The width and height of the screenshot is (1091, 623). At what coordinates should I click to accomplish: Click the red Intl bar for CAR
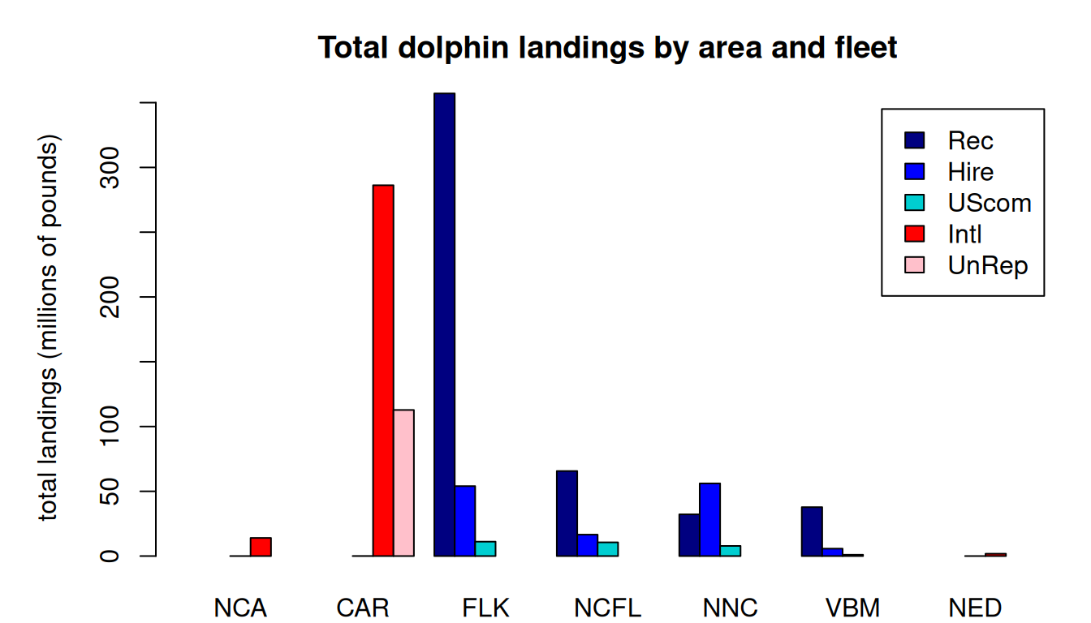(383, 370)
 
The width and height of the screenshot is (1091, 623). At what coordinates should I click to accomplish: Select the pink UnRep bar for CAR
(404, 483)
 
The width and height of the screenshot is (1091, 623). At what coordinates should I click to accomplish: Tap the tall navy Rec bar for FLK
(444, 324)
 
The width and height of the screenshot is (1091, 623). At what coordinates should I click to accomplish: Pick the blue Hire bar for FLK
(465, 521)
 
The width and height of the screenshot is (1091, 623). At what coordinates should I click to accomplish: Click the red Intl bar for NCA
(261, 547)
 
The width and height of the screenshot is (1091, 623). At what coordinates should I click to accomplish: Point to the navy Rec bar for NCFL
(567, 513)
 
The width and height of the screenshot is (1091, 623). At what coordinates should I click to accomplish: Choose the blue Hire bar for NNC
(710, 519)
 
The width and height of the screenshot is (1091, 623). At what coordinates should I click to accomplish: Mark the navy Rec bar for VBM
(812, 531)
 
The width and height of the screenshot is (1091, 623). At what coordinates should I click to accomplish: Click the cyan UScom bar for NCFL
(608, 548)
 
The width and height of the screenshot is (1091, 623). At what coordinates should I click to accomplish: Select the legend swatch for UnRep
(915, 264)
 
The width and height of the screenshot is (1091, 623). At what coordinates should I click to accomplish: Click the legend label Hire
(970, 172)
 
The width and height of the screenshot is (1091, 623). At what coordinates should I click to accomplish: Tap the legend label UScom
(990, 203)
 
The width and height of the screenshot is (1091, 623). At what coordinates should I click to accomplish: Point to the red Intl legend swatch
(915, 234)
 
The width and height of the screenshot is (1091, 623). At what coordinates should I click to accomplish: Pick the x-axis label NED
(975, 608)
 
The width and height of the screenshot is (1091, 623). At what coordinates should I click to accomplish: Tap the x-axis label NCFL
(607, 608)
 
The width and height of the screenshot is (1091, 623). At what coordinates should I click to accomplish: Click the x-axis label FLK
(485, 608)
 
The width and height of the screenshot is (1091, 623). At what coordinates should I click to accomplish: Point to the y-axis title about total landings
(50, 329)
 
